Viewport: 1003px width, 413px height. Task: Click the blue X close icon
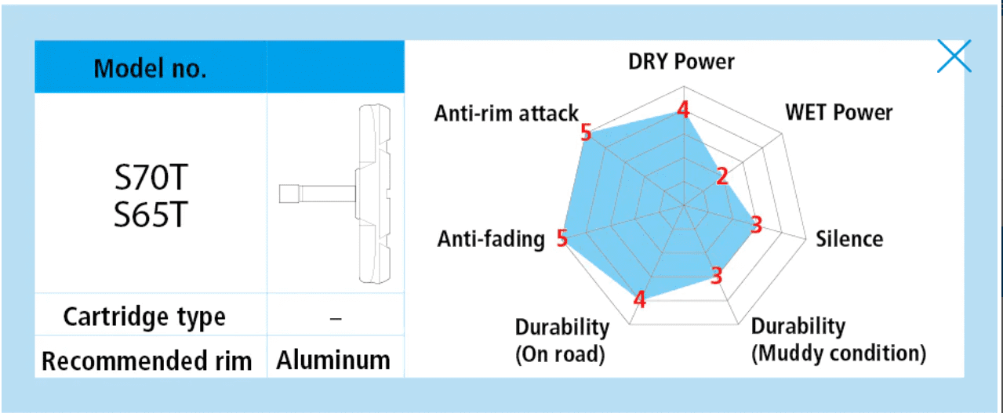coord(954,56)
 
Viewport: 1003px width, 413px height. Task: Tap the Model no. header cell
coord(151,68)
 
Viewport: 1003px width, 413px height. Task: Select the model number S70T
coord(151,178)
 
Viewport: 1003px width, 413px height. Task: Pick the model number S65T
coord(151,215)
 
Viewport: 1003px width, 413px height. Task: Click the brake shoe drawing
coord(335,194)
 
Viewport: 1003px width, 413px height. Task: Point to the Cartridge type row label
coord(144,317)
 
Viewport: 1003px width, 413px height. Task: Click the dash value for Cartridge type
coord(336,319)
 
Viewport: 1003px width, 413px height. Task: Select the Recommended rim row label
coord(147,360)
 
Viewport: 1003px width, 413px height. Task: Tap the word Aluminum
coord(333,360)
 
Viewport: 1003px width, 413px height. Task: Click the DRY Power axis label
coord(681,61)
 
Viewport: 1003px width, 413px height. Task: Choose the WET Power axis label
coord(838,112)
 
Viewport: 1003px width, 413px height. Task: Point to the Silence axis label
coord(849,239)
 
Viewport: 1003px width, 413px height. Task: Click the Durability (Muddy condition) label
coord(838,340)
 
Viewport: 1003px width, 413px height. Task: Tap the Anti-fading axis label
coord(491,239)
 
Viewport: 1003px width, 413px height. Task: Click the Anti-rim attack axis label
coord(507,113)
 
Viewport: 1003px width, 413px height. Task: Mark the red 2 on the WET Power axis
coord(721,176)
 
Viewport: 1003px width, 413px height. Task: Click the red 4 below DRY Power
coord(683,109)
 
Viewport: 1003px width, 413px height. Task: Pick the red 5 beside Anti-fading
coord(562,237)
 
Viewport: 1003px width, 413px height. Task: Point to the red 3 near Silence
coord(756,224)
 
